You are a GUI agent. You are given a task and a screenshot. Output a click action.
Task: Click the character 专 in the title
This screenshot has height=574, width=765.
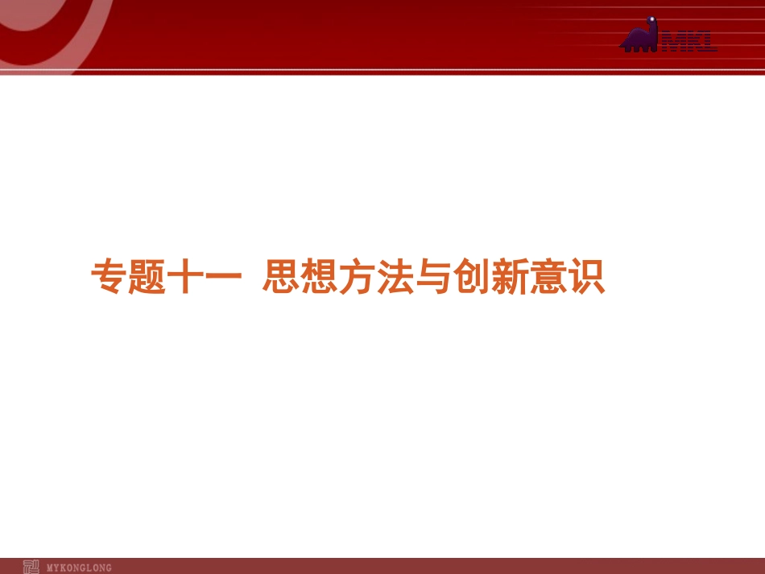click(x=108, y=277)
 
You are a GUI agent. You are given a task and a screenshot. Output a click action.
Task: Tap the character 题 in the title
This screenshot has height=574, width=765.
click(x=146, y=277)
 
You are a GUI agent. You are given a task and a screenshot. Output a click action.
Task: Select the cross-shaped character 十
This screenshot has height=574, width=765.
click(x=184, y=277)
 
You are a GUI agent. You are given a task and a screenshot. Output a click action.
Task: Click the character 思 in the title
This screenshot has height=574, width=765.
click(x=282, y=277)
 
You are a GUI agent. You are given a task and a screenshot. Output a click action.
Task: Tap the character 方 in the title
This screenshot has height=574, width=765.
click(x=358, y=277)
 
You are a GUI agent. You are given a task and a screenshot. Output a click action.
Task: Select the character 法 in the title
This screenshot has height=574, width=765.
click(x=395, y=277)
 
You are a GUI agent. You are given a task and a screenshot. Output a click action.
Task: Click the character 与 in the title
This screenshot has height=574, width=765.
click(x=433, y=277)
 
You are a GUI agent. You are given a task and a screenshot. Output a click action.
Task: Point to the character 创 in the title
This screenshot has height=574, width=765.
click(x=471, y=277)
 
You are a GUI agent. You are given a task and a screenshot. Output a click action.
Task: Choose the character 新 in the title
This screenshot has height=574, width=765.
click(x=509, y=277)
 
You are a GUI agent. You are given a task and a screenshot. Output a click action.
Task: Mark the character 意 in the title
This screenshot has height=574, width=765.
click(x=547, y=277)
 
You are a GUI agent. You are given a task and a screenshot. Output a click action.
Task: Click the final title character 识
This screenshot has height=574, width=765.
click(x=585, y=277)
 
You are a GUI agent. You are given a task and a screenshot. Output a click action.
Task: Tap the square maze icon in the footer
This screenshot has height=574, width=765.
click(x=30, y=567)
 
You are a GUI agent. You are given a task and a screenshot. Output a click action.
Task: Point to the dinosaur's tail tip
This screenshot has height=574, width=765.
click(x=622, y=47)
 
